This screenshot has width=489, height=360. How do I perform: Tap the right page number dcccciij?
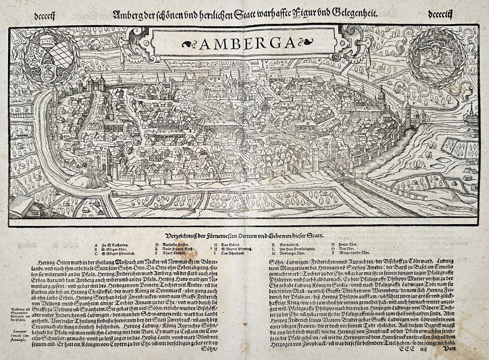coord(440,14)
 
